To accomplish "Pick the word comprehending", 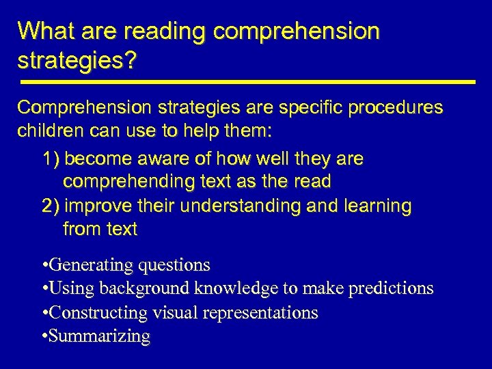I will point(124,182).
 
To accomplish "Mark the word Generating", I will point(92,265).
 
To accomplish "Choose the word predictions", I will point(391,288).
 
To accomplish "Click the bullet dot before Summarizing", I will point(44,336).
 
